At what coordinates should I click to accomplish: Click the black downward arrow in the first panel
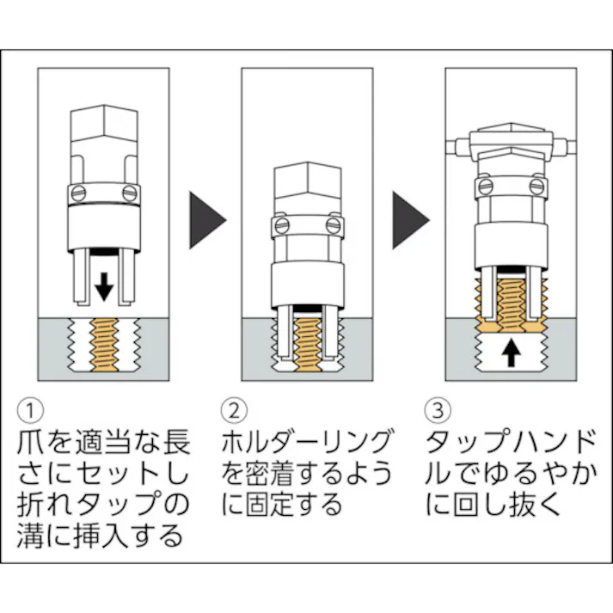(103, 286)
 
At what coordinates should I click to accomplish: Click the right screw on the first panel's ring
(130, 192)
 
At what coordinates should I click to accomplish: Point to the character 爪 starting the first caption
(31, 442)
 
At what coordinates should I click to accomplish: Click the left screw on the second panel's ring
(281, 226)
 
